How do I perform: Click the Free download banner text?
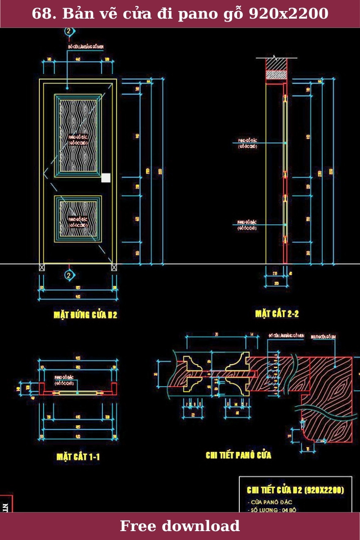[180, 526]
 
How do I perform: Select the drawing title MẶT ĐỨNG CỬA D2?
[85, 315]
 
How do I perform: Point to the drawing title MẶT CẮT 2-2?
[277, 314]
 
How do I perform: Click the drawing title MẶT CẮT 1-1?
[78, 457]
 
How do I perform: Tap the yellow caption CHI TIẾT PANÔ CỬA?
[238, 455]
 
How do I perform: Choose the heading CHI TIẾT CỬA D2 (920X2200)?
[295, 490]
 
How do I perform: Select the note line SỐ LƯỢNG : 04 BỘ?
[271, 510]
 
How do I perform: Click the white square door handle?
[106, 178]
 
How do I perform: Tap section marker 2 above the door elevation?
[69, 31]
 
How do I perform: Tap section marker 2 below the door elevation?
[69, 276]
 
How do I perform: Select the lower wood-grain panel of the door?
[78, 219]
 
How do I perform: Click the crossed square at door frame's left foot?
[42, 267]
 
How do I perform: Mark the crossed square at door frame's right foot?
[114, 267]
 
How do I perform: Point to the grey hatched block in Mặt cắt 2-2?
[276, 75]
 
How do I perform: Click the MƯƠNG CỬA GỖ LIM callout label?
[324, 336]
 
